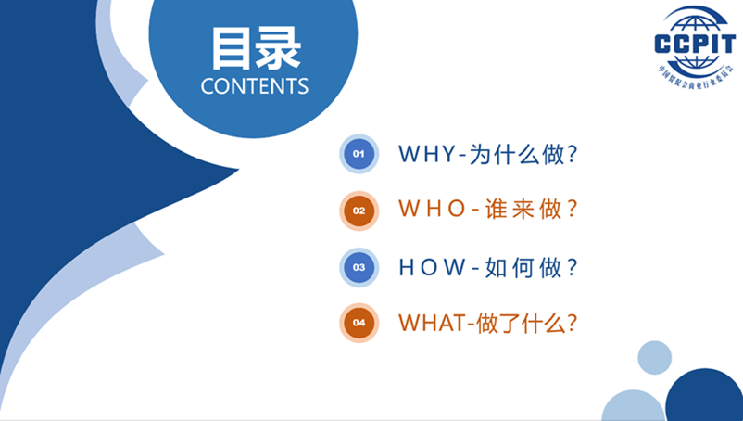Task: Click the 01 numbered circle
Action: pyautogui.click(x=359, y=154)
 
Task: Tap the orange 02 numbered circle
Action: pyautogui.click(x=359, y=210)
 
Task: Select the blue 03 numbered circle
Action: pyautogui.click(x=359, y=267)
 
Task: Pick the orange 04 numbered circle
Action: pyautogui.click(x=359, y=323)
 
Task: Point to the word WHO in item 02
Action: pyautogui.click(x=432, y=210)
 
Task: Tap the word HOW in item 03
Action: pyautogui.click(x=432, y=267)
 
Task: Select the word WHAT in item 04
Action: pyautogui.click(x=432, y=323)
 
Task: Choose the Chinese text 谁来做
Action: pyautogui.click(x=525, y=210)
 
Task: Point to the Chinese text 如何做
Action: pyautogui.click(x=525, y=267)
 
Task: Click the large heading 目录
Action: pyautogui.click(x=255, y=48)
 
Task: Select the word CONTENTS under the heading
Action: pyautogui.click(x=255, y=86)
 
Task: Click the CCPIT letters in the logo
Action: pyautogui.click(x=695, y=45)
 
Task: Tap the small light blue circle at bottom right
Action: pyautogui.click(x=654, y=357)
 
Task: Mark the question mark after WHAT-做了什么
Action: pyautogui.click(x=573, y=323)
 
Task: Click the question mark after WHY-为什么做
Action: pyautogui.click(x=573, y=154)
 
